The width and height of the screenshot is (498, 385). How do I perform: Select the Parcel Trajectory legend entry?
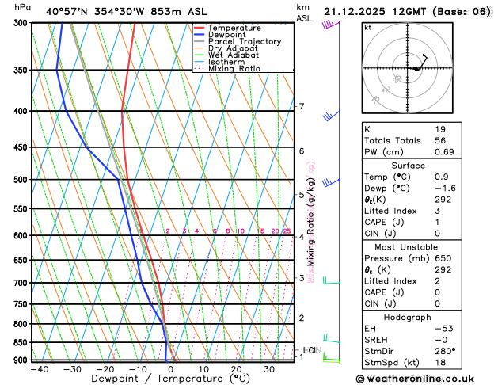(x=243, y=42)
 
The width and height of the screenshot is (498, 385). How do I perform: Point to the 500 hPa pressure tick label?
(x=19, y=180)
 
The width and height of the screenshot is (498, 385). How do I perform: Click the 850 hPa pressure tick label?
(x=19, y=342)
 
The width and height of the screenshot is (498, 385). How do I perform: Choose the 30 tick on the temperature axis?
(x=269, y=369)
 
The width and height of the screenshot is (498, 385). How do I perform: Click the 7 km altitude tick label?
(x=302, y=106)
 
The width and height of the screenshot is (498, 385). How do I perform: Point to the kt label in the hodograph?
(x=367, y=28)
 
